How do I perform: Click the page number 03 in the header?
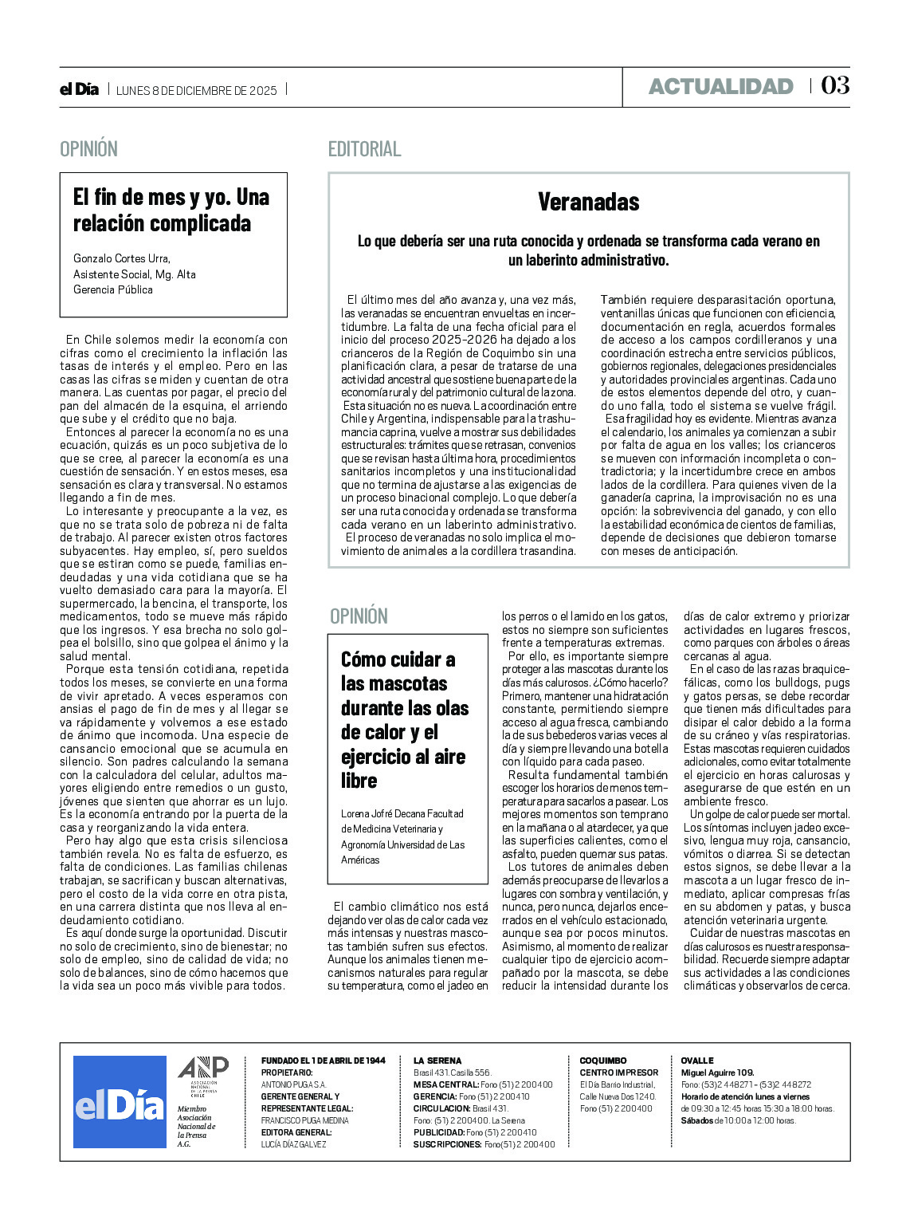pyautogui.click(x=835, y=85)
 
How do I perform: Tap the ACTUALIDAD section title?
pyautogui.click(x=720, y=86)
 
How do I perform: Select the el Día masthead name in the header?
pyautogui.click(x=79, y=89)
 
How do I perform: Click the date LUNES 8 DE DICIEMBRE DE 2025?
pyautogui.click(x=197, y=90)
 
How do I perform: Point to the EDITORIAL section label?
pyautogui.click(x=364, y=149)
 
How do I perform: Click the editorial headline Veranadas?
pyautogui.click(x=588, y=202)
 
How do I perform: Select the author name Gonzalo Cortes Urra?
pyautogui.click(x=122, y=258)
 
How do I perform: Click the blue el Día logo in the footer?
pyautogui.click(x=120, y=1101)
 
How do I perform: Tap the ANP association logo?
pyautogui.click(x=202, y=1073)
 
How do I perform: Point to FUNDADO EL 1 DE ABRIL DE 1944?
pyautogui.click(x=323, y=1061)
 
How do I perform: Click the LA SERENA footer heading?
pyautogui.click(x=437, y=1061)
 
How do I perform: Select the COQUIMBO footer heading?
pyautogui.click(x=603, y=1061)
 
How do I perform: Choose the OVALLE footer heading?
pyautogui.click(x=697, y=1061)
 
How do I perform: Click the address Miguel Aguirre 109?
pyautogui.click(x=717, y=1072)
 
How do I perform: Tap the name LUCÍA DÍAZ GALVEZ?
pyautogui.click(x=294, y=1144)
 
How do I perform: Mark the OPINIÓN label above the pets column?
pyautogui.click(x=359, y=616)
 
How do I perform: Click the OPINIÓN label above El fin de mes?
pyautogui.click(x=88, y=149)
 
